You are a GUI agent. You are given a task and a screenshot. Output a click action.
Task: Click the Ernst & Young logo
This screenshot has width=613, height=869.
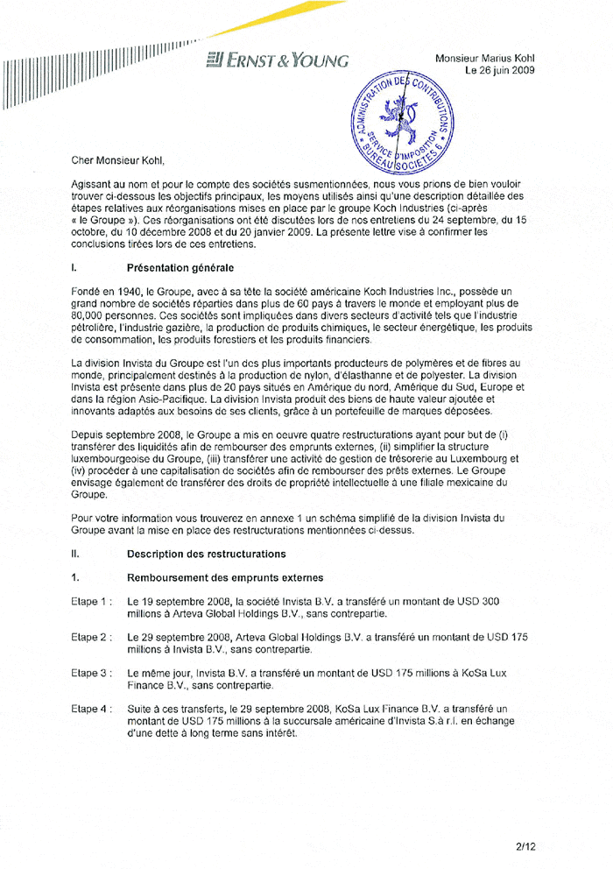click(x=278, y=60)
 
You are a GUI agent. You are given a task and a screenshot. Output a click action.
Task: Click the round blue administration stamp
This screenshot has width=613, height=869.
click(x=399, y=123)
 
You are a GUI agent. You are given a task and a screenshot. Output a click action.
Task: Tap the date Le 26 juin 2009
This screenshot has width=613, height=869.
click(x=499, y=70)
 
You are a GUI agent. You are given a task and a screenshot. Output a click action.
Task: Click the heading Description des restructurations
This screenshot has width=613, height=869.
click(x=206, y=554)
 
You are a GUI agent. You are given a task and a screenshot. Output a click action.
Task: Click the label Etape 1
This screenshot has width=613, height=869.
click(x=91, y=602)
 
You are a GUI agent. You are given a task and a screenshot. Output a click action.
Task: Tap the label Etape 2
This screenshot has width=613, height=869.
click(x=91, y=638)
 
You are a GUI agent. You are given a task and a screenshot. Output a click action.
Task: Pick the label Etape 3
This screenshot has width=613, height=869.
click(x=91, y=673)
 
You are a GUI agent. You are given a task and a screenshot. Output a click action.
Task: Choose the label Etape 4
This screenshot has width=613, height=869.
click(x=91, y=709)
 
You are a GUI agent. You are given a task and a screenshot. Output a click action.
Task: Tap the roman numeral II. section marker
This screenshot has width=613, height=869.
click(x=76, y=554)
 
